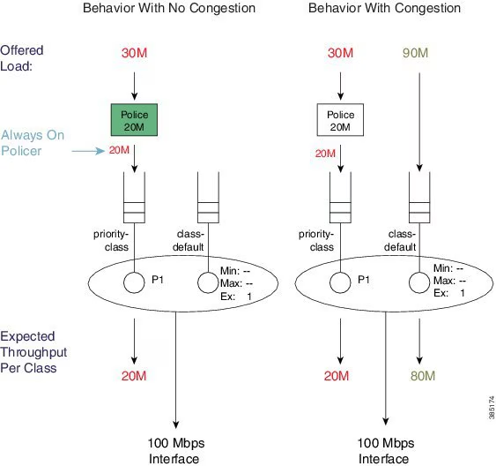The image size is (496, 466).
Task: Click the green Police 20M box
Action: point(133,120)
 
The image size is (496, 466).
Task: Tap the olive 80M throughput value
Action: point(423,377)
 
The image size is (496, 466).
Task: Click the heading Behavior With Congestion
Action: point(385,9)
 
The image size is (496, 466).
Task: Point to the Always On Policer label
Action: point(33,142)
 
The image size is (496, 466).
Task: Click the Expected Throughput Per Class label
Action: point(37,351)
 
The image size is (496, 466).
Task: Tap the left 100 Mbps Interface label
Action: point(180,449)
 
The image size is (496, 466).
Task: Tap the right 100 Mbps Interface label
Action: point(385,449)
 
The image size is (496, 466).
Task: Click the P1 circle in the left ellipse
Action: point(134,282)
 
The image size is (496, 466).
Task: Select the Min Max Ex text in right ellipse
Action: point(452,280)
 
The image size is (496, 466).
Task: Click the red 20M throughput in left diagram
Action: point(133,377)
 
